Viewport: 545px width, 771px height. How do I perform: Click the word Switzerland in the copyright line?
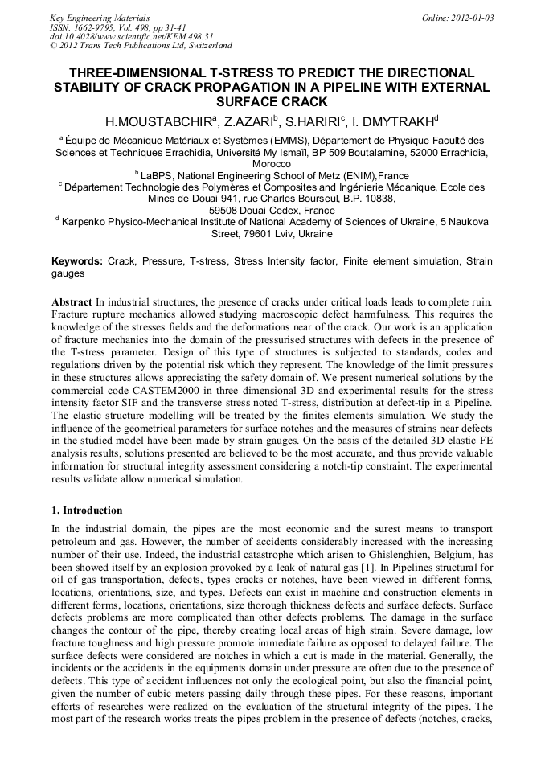(x=204, y=46)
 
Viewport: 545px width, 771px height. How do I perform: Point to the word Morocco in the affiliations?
(x=272, y=163)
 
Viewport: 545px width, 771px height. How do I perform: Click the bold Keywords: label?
(x=77, y=261)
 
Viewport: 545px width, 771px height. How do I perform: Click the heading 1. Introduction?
(x=87, y=511)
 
